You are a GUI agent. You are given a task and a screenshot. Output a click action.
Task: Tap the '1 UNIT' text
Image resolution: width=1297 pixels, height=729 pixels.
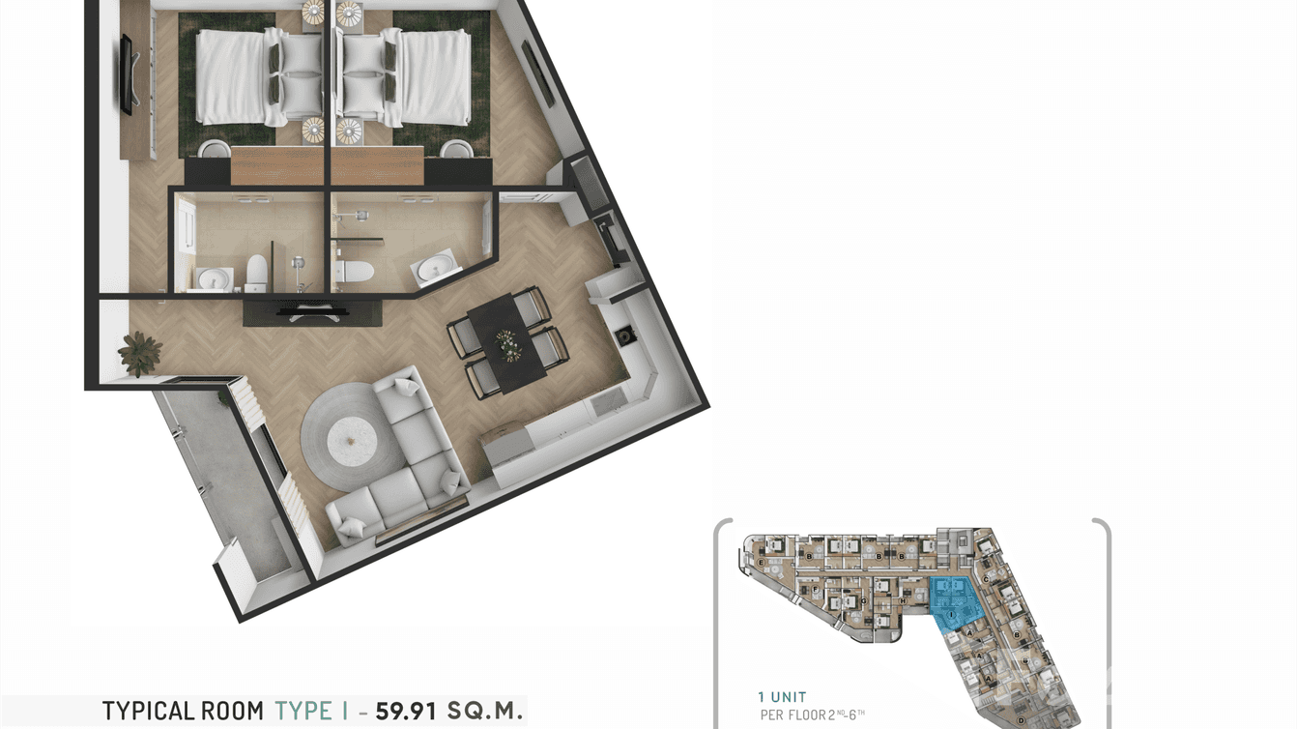[x=783, y=697]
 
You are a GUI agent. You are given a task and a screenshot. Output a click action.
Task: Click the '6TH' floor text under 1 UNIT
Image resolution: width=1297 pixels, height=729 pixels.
[x=854, y=714]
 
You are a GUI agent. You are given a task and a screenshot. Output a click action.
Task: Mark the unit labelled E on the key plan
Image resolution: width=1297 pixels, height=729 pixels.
[x=762, y=562]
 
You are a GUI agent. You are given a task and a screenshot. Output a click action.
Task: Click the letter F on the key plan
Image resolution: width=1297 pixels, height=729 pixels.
[x=817, y=589]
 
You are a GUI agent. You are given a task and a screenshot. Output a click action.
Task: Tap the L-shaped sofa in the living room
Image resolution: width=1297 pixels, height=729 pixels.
[x=401, y=464]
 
